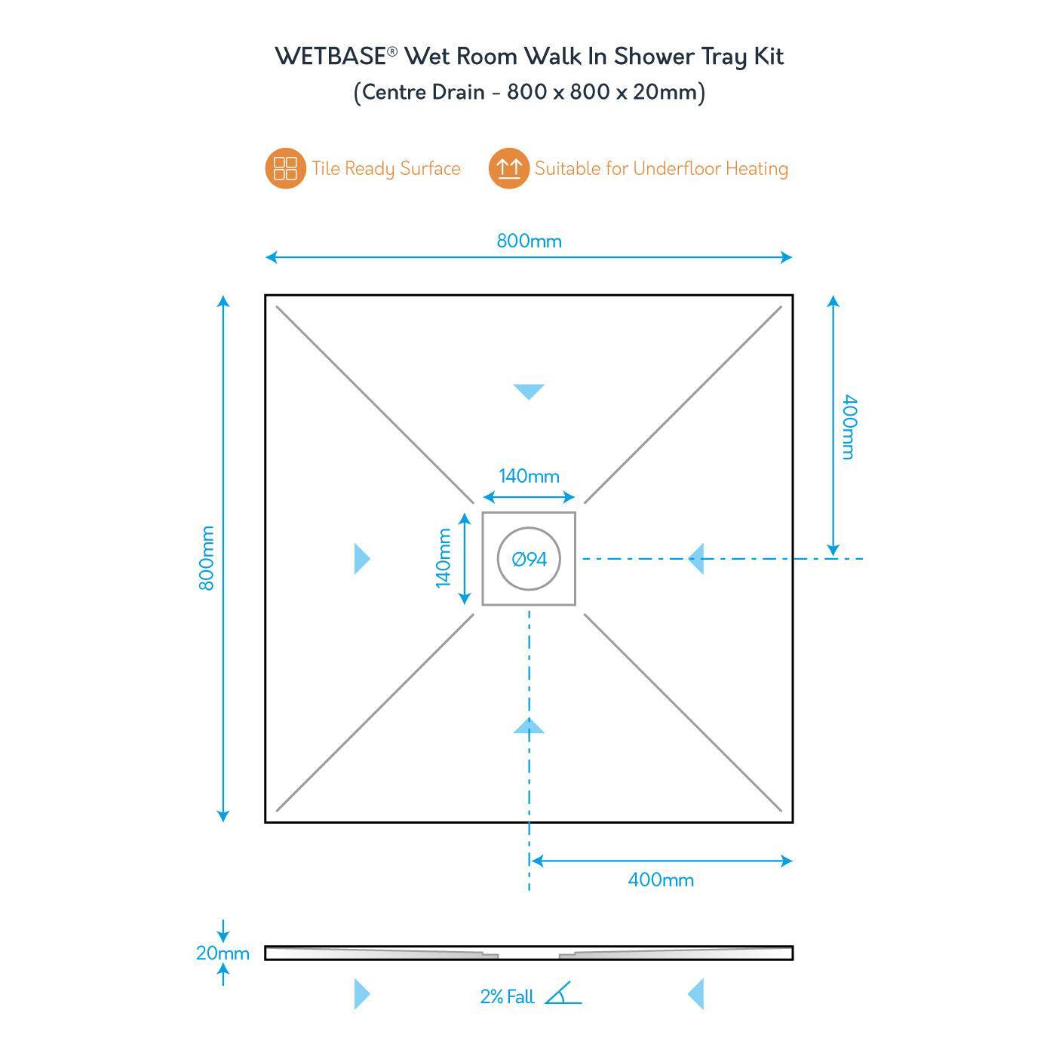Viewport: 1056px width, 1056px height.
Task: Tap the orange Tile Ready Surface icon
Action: coord(285,168)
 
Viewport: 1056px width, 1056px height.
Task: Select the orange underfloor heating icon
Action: coord(508,168)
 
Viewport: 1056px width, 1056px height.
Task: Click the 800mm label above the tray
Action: coord(529,241)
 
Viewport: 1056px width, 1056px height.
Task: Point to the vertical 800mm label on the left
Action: coord(207,558)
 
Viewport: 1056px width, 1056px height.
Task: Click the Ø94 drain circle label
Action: coord(530,559)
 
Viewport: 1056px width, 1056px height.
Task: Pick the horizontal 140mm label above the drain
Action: coord(529,476)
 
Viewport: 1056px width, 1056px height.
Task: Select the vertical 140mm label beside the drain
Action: coord(444,558)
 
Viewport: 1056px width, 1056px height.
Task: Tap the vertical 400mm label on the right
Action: coord(849,427)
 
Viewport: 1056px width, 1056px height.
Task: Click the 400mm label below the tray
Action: coord(661,879)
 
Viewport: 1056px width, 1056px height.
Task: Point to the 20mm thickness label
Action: coord(223,953)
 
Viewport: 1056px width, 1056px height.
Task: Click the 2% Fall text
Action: coord(507,996)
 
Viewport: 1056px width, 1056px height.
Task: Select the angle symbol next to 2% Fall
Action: coord(563,994)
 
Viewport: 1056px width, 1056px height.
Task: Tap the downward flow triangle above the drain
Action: coord(529,391)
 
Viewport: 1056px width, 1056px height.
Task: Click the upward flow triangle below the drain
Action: coord(529,726)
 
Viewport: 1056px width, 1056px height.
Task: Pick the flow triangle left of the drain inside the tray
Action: coord(362,559)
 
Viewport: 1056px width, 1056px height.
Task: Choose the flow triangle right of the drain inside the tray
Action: coord(696,559)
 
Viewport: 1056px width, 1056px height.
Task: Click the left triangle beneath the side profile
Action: coord(362,994)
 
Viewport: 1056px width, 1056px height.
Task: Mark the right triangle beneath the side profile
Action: coord(696,994)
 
